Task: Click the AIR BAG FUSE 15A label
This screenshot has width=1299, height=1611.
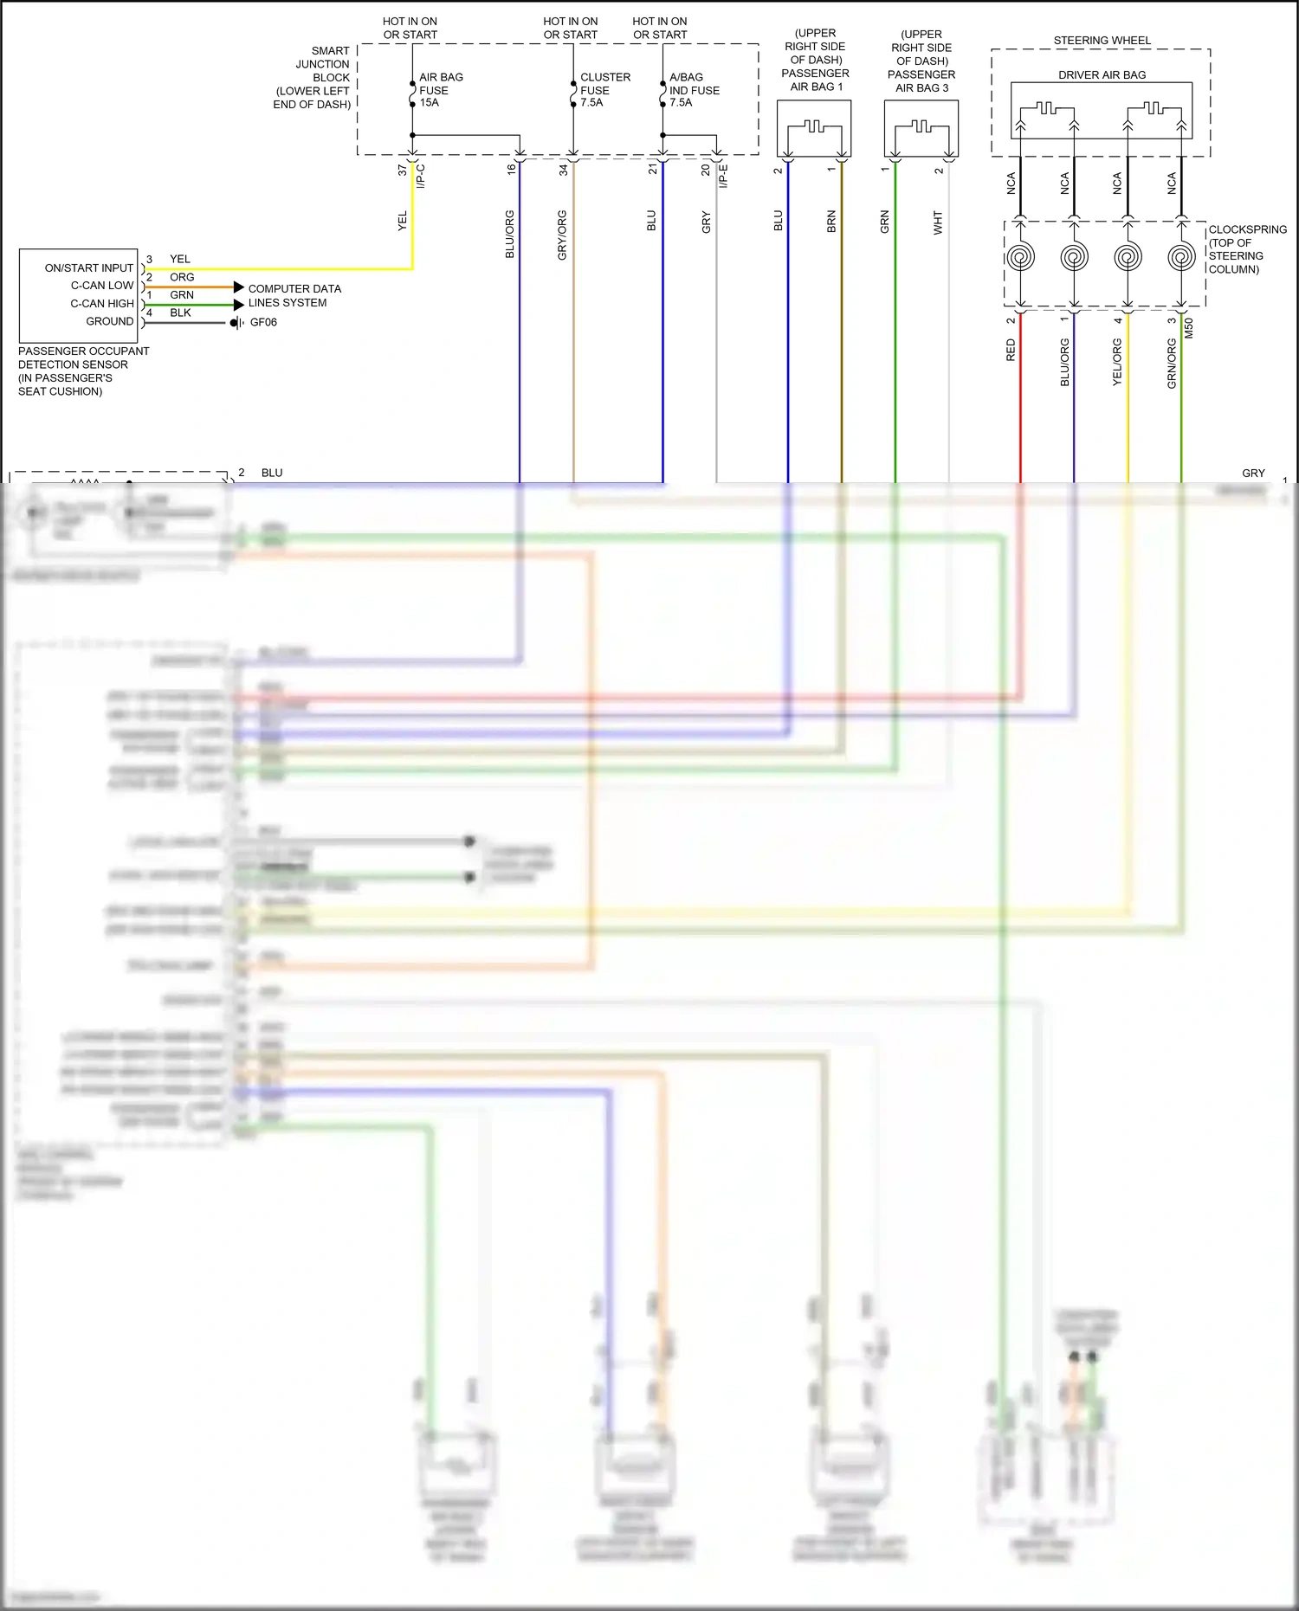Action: click(x=440, y=90)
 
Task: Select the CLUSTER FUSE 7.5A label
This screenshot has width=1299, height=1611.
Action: click(x=604, y=90)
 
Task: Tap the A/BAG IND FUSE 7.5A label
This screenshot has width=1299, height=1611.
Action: click(x=694, y=90)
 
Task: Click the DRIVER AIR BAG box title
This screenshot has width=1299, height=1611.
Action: click(x=1102, y=75)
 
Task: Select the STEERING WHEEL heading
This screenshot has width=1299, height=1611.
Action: click(x=1102, y=41)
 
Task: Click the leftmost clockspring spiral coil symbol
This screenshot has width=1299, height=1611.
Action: click(x=1020, y=257)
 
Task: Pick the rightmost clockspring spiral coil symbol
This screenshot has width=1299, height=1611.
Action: click(x=1181, y=257)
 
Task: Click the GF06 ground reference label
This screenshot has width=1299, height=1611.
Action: click(x=263, y=322)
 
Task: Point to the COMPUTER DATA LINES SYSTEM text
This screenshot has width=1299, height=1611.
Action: click(x=294, y=295)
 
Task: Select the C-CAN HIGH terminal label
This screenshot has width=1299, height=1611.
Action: click(x=102, y=304)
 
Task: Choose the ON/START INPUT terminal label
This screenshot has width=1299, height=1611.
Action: click(x=89, y=268)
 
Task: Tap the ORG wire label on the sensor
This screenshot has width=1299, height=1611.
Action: click(x=182, y=277)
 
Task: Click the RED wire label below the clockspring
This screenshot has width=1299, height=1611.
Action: click(x=1011, y=350)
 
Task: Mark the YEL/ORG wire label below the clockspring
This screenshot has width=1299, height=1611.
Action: click(x=1117, y=362)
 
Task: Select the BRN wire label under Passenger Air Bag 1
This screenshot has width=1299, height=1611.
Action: click(x=831, y=221)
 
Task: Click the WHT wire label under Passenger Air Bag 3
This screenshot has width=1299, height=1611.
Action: click(x=938, y=222)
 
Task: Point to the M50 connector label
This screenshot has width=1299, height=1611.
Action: click(x=1189, y=328)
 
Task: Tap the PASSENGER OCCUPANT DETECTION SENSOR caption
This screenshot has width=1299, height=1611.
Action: click(x=83, y=371)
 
